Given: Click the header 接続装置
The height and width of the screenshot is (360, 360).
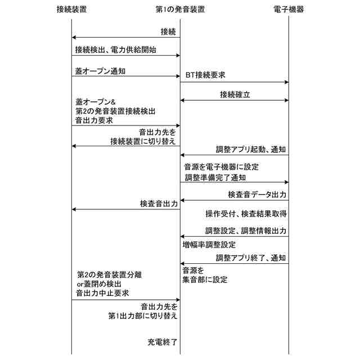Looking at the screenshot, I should tap(71, 9).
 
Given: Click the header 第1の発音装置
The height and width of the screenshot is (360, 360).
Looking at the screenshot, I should tap(179, 9).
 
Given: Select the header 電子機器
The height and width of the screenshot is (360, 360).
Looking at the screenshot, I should tap(287, 9).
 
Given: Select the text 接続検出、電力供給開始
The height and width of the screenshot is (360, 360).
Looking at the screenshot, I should tap(115, 49).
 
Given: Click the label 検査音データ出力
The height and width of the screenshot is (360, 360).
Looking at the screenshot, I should tap(257, 194).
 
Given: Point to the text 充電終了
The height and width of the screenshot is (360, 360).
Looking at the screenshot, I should tap(163, 341).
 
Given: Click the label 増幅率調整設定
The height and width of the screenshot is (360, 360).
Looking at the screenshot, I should tap(209, 245).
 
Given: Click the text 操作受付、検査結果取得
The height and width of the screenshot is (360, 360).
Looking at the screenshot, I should tap(246, 214).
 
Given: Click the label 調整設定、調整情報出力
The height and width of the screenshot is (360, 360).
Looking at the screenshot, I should tap(246, 231).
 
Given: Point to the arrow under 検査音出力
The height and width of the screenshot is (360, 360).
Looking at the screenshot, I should tap(125, 209).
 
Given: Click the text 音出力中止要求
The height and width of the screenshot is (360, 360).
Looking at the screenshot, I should tap(103, 293).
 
